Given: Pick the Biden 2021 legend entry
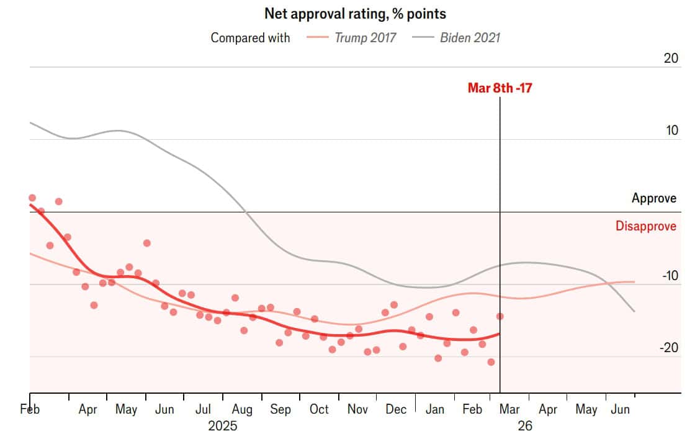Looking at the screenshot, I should [x=470, y=37].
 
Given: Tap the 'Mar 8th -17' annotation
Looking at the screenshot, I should [x=500, y=88].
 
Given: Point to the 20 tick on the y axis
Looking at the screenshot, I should [x=670, y=58].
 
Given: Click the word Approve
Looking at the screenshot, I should [x=654, y=199].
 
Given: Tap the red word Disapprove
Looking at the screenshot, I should [x=646, y=226].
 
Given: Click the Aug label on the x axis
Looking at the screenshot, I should [x=241, y=410].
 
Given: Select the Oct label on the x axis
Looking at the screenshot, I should [x=319, y=410].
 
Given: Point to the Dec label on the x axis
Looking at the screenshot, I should [x=396, y=410].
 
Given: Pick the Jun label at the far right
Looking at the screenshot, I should [x=621, y=410].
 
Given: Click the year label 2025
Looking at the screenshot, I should [x=223, y=425].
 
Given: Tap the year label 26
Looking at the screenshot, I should [x=525, y=425].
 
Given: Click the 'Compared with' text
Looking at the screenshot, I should [x=250, y=37].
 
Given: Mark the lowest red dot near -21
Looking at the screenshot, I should [x=491, y=362].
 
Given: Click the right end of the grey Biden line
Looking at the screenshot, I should [x=634, y=311].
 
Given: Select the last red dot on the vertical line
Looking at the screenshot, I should [x=500, y=317].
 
